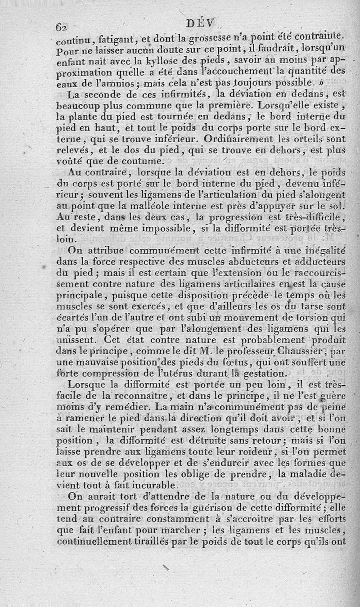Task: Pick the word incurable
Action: pyautogui.click(x=148, y=486)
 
